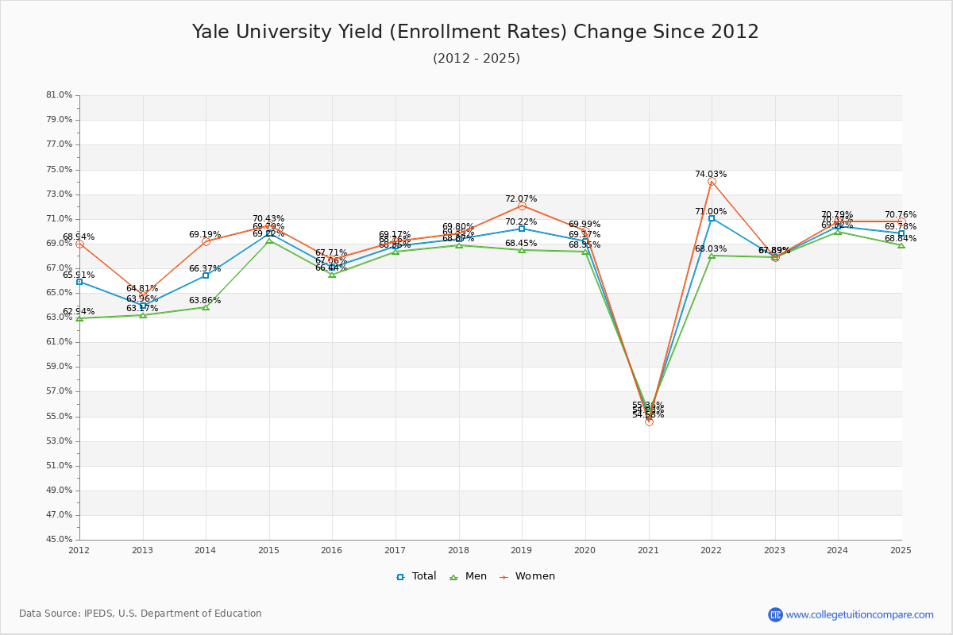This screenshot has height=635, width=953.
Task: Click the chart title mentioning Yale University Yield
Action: pos(475,32)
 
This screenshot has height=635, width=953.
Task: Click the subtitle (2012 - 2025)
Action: pos(476,59)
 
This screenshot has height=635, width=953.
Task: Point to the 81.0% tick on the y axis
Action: pos(60,95)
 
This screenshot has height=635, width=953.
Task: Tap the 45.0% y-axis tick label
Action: pos(60,540)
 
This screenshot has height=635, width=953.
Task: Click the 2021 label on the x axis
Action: pos(649,550)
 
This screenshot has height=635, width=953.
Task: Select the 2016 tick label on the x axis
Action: pos(332,550)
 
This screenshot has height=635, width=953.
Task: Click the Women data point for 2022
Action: pos(712,182)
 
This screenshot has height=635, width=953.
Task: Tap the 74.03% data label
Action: pos(710,174)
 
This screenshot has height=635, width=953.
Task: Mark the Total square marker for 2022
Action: pos(712,218)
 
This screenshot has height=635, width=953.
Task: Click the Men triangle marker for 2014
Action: pos(206,307)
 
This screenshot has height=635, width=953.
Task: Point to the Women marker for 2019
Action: pos(522,206)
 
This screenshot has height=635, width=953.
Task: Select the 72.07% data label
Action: pos(521,198)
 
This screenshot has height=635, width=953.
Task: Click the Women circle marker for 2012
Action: pos(79,244)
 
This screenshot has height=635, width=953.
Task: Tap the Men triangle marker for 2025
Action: pos(901,245)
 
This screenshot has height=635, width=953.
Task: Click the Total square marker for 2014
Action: pos(206,275)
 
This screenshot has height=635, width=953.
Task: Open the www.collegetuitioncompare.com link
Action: pos(859,614)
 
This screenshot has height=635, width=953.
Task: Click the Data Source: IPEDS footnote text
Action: pos(141,614)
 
